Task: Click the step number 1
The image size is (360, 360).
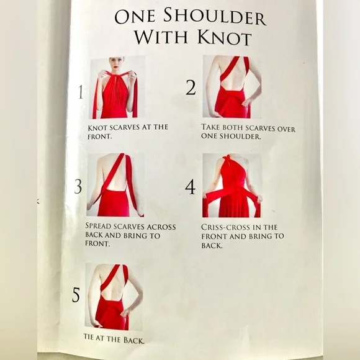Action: tap(80, 93)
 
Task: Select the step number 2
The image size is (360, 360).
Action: tap(191, 88)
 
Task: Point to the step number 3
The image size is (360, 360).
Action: tap(78, 186)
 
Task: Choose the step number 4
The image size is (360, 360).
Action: tap(190, 187)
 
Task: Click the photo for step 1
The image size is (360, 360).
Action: tap(115, 88)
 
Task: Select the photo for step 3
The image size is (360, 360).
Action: tap(115, 185)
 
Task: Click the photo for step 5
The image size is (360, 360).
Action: tap(114, 296)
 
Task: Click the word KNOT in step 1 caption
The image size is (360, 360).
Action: tap(99, 127)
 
